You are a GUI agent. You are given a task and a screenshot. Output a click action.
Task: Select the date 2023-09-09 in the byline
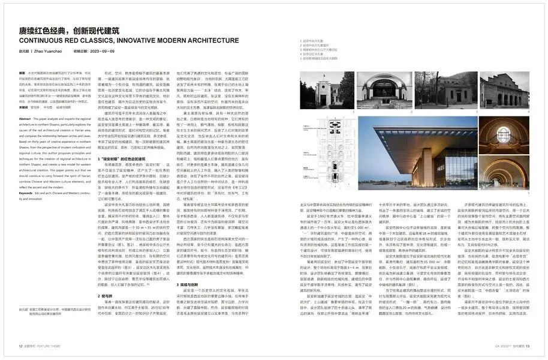[x=101, y=52]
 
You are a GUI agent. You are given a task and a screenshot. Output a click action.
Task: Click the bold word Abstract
[x=27, y=119]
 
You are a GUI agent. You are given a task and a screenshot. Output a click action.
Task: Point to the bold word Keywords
[x=29, y=193]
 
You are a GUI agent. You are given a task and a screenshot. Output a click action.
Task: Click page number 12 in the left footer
[x=20, y=346]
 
